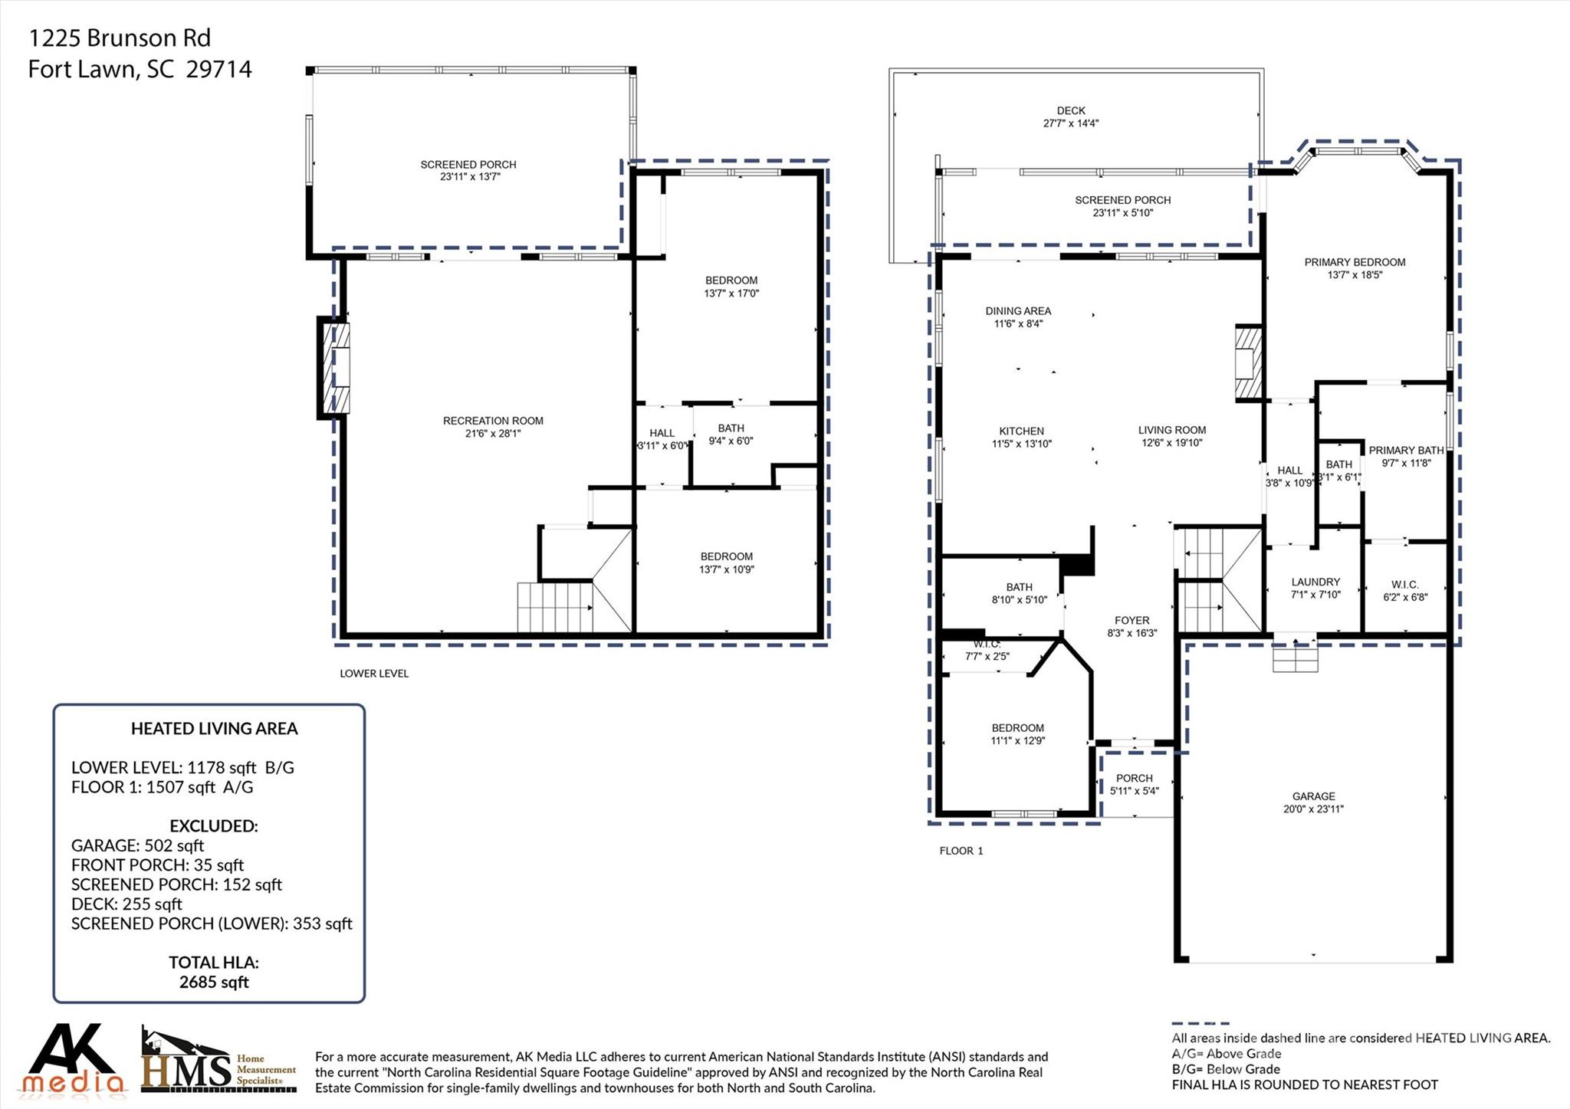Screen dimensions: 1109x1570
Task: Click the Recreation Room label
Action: pos(493,421)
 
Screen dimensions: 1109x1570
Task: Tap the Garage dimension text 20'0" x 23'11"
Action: pos(1313,809)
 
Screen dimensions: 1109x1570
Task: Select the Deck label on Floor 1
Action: pos(1071,111)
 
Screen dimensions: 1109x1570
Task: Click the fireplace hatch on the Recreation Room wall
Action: pos(336,367)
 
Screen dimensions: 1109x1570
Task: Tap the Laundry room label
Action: pos(1315,582)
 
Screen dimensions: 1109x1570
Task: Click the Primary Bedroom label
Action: pos(1355,262)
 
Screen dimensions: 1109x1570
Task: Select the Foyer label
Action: pos(1132,621)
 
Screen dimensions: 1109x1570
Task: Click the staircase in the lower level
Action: pos(554,607)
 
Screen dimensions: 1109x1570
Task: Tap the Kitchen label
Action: pos(1021,431)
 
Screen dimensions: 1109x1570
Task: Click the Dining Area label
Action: pos(1018,311)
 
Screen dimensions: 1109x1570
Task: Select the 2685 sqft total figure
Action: pos(214,983)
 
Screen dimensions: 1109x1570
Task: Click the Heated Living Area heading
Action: pos(214,729)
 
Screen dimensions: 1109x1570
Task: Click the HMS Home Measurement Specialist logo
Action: pos(218,1061)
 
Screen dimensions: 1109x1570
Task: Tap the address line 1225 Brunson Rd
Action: pos(120,38)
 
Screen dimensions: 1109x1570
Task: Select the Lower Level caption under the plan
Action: pos(374,674)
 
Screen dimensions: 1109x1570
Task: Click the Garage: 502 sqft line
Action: pos(137,845)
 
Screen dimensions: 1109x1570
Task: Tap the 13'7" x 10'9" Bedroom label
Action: pos(726,563)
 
